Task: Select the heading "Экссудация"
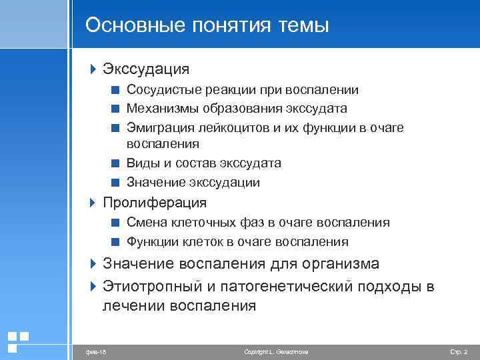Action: pos(145,69)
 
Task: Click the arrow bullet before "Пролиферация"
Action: pos(93,202)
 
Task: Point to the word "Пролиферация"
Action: pos(154,203)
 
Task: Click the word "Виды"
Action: pos(141,163)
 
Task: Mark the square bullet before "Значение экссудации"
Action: pos(116,182)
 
